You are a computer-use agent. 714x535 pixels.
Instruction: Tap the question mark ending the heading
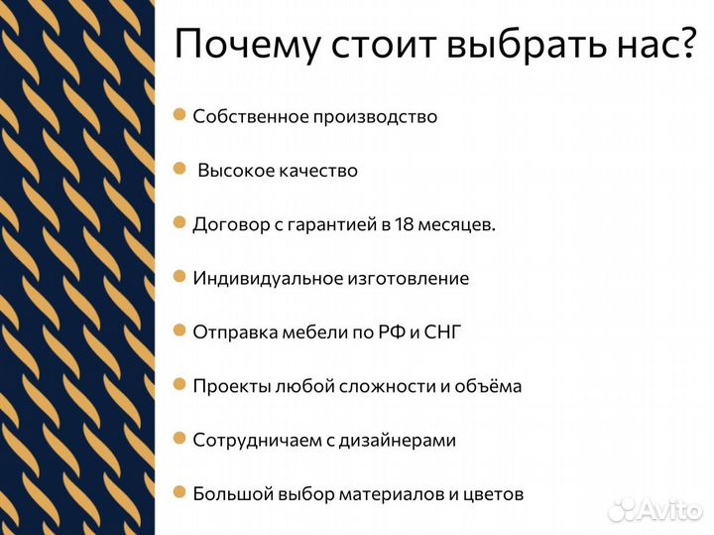pyautogui.click(x=687, y=45)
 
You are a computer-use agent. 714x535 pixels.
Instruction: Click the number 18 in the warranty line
pyautogui.click(x=405, y=224)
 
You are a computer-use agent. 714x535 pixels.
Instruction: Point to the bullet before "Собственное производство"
pyautogui.click(x=179, y=115)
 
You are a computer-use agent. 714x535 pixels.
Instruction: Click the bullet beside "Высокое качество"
pyautogui.click(x=179, y=170)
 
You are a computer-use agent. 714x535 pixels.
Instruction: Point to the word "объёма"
pyautogui.click(x=487, y=386)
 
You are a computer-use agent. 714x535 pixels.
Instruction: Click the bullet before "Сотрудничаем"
pyautogui.click(x=179, y=438)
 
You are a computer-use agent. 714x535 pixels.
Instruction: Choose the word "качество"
pyautogui.click(x=317, y=171)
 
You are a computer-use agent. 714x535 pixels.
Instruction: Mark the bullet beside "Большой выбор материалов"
pyautogui.click(x=179, y=491)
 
